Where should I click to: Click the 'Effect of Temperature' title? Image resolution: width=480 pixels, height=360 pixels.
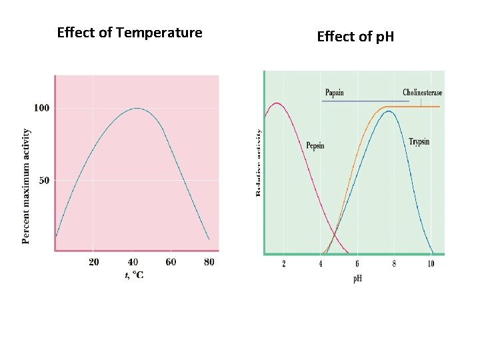[x=129, y=33]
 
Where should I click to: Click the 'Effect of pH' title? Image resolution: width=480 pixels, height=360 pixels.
[x=355, y=36]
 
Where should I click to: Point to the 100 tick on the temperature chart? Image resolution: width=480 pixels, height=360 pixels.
[x=41, y=107]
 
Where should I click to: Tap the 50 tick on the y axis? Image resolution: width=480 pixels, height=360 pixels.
[x=43, y=180]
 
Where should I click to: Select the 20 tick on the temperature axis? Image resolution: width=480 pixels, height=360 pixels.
[x=93, y=262]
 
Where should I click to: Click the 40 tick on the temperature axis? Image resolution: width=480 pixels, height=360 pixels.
[x=133, y=262]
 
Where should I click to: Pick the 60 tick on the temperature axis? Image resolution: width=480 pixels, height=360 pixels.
[x=171, y=262]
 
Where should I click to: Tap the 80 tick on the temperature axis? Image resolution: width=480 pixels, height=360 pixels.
[x=209, y=262]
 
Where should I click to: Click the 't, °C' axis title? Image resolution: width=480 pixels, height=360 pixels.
[x=134, y=274]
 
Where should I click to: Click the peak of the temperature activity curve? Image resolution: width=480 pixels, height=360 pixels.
[x=137, y=108]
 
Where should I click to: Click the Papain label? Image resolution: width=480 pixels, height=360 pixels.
[x=335, y=93]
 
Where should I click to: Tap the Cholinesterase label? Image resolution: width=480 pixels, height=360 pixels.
[x=422, y=93]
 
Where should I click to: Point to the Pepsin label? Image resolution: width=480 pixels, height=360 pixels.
[x=315, y=145]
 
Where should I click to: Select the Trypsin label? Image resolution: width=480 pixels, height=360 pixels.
[x=419, y=142]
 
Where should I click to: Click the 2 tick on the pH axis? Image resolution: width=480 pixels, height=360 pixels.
[x=284, y=264]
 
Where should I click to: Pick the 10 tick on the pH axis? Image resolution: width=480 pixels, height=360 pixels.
[x=430, y=264]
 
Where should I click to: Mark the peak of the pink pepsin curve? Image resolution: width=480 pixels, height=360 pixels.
[x=277, y=103]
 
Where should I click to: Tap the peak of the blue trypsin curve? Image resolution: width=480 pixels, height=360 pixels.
[x=389, y=111]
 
